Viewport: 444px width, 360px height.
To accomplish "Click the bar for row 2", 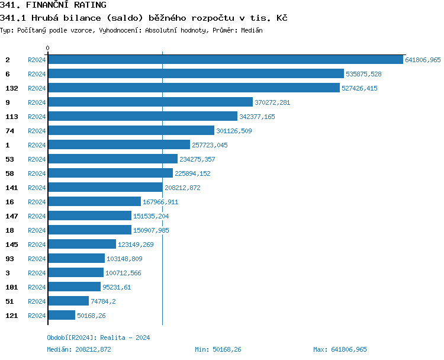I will coord(225,60).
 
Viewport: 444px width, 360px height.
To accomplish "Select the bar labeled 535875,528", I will coord(195,74).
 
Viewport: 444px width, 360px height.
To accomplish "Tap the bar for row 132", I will coord(193,88).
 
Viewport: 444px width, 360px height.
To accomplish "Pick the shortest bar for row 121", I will coord(61,316).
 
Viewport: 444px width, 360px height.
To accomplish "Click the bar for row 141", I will coord(105,188).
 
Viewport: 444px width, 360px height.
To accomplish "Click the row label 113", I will coord(11,117).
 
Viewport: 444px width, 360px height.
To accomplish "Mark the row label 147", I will coord(11,216).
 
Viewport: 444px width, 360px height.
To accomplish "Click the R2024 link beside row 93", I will coord(37,259).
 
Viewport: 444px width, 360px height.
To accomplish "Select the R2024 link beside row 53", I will coord(37,159).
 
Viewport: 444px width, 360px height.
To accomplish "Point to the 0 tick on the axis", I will coord(48,48).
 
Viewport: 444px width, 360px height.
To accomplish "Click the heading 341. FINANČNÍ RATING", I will coord(53,5).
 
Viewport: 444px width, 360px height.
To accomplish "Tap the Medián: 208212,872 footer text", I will coord(79,349).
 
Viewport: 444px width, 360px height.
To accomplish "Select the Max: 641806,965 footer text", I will coord(340,349).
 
